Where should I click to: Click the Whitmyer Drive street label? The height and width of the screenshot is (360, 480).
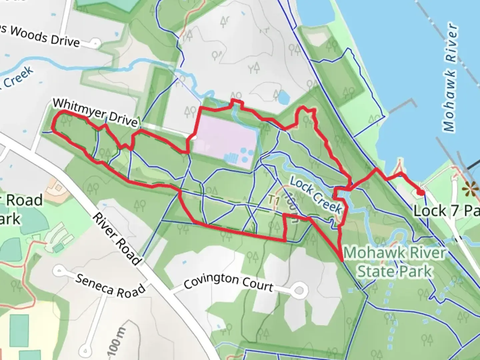[95, 112]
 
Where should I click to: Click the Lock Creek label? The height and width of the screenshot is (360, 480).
[315, 195]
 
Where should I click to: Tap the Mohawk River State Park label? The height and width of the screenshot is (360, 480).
[395, 262]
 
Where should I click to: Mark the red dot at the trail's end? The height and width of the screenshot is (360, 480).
[421, 192]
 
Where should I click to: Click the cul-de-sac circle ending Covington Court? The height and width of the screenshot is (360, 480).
[299, 291]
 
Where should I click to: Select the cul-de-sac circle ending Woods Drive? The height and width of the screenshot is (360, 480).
[96, 43]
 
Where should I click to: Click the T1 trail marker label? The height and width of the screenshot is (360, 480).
[274, 200]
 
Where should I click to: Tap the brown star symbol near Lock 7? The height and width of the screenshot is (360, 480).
[471, 189]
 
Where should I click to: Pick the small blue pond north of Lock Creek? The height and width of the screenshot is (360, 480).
[283, 97]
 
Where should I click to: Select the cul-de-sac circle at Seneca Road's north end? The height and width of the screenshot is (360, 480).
[59, 269]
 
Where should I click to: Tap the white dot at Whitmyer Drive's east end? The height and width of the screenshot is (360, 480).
[193, 137]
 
